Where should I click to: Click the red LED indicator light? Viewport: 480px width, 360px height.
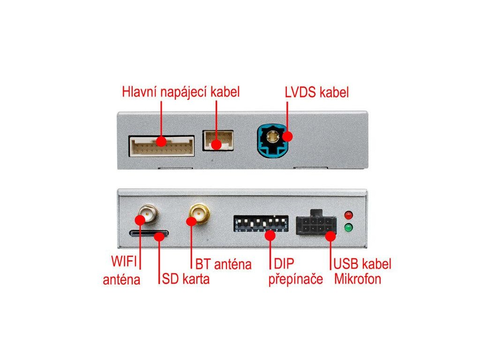(348, 215)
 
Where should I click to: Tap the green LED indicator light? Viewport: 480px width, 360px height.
(348, 228)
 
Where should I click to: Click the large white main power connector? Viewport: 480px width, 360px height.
(162, 146)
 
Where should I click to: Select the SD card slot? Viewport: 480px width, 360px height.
(149, 233)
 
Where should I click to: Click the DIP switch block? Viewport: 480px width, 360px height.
(260, 224)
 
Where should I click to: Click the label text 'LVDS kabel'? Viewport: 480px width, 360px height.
(317, 92)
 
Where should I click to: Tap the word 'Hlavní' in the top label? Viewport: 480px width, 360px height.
(139, 91)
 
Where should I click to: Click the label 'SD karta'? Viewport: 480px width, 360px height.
(186, 279)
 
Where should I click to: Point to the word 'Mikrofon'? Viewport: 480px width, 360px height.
(358, 279)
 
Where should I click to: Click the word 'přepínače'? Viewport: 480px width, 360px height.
(296, 279)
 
